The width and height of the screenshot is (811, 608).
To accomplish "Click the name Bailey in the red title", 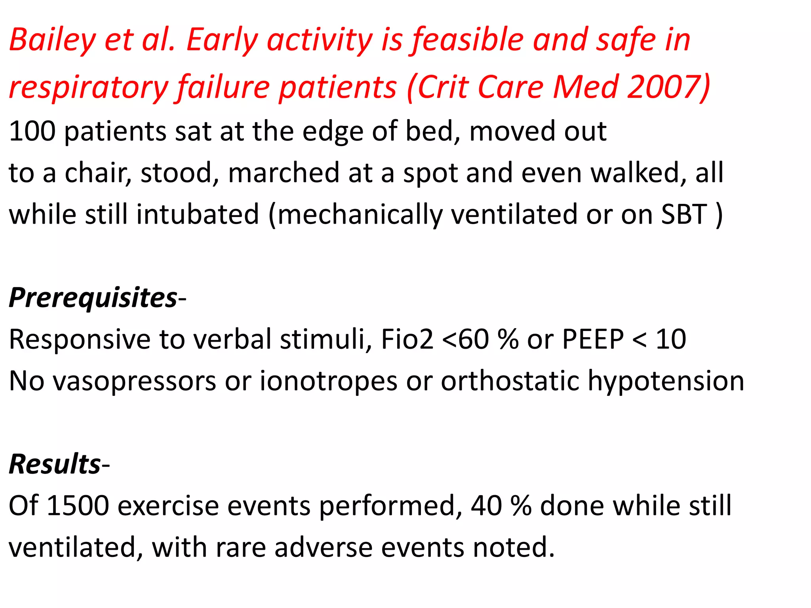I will (53, 40).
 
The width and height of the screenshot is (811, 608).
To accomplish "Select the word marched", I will (284, 173).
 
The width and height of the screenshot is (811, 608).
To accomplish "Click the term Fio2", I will (407, 339).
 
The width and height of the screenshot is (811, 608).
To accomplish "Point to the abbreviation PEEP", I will (592, 339).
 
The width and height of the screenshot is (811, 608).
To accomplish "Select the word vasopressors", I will (135, 381).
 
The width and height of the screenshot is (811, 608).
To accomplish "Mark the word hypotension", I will (666, 381).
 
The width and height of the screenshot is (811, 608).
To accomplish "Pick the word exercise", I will (168, 506).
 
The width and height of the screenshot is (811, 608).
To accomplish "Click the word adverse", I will (324, 547).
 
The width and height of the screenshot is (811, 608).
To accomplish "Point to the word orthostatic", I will (510, 381).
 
